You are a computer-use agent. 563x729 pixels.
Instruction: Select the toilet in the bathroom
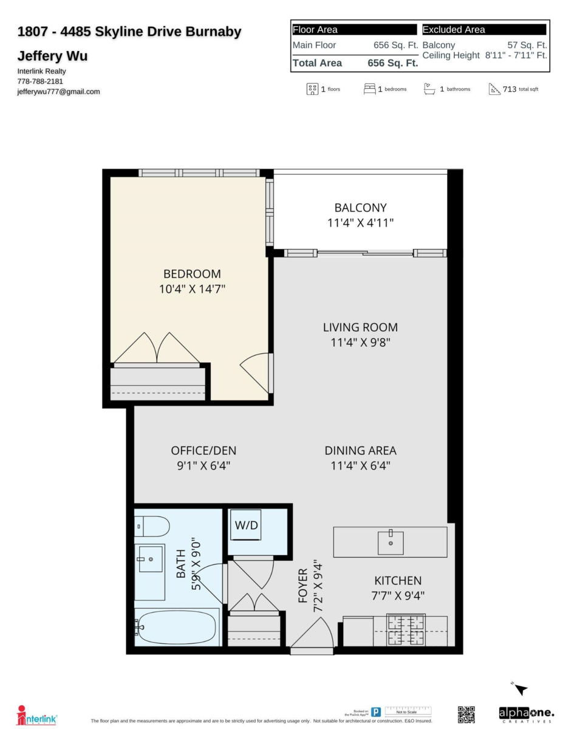[x=152, y=526]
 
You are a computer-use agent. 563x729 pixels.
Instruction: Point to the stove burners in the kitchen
[x=406, y=630]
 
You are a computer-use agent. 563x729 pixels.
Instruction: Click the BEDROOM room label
[x=192, y=274]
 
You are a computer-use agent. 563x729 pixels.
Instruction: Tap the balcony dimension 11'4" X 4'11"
[x=360, y=223]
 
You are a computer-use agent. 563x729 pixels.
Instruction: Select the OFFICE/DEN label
[x=203, y=451]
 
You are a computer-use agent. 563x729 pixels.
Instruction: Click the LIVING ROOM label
[x=360, y=327]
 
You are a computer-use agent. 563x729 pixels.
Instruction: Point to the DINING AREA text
[x=360, y=451]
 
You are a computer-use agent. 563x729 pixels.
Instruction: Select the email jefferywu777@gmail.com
[x=59, y=92]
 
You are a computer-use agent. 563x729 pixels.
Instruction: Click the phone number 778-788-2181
[x=40, y=81]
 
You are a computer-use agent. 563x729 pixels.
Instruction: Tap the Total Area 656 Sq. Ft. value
[x=392, y=63]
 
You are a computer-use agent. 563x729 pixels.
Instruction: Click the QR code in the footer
[x=466, y=714]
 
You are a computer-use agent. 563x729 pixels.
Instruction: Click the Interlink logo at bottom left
[x=38, y=716]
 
